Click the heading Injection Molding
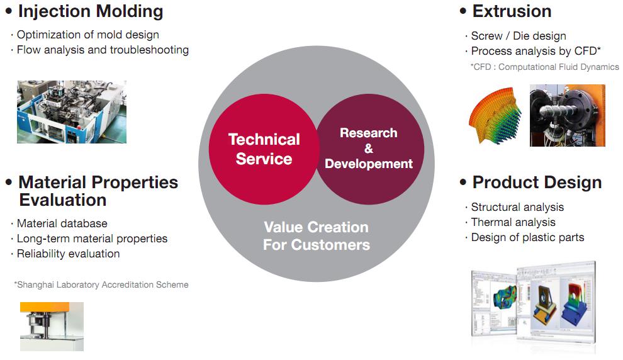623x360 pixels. (x=91, y=11)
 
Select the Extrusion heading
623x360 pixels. (x=512, y=11)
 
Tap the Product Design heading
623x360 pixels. (x=537, y=183)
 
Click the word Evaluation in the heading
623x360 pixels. (x=63, y=200)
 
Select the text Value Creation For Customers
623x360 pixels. (x=317, y=236)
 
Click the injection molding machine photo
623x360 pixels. (x=72, y=112)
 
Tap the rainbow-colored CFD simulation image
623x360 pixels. (x=495, y=115)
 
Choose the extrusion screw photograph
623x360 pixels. (x=568, y=115)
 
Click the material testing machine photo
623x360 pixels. (x=52, y=327)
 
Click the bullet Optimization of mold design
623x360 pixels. (x=88, y=35)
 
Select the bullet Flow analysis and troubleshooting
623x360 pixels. (x=103, y=50)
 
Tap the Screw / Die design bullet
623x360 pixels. (x=519, y=36)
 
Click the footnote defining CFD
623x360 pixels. (x=545, y=67)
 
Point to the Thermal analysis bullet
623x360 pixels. (x=514, y=222)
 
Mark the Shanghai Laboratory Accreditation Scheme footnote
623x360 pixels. (x=101, y=285)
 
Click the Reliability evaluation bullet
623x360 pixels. (x=69, y=254)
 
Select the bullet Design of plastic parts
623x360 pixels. (x=527, y=238)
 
